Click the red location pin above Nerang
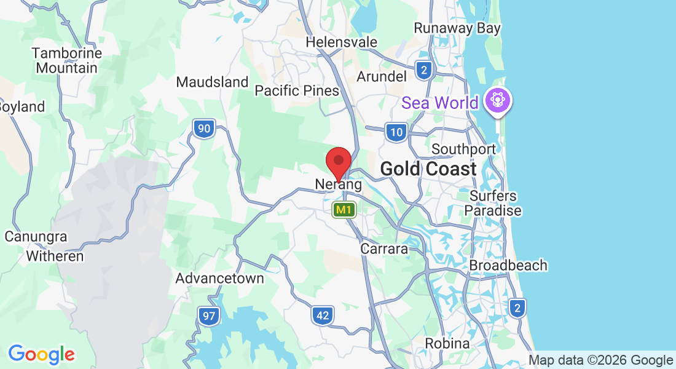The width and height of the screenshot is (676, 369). click(x=338, y=162)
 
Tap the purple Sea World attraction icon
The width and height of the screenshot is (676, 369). click(x=497, y=100)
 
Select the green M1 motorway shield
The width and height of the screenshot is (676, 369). click(x=344, y=210)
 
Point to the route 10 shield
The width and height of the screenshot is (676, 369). click(x=397, y=132)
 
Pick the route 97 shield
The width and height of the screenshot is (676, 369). click(x=209, y=317)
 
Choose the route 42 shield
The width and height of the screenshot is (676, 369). click(x=323, y=316)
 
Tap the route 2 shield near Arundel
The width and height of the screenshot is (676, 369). click(x=423, y=70)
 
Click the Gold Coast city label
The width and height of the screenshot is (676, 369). click(x=428, y=169)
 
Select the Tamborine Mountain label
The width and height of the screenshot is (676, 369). click(x=66, y=60)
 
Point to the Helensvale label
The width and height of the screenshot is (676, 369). click(x=342, y=42)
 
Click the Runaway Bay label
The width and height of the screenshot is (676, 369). click(x=457, y=28)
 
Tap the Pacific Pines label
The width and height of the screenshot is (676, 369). click(x=297, y=91)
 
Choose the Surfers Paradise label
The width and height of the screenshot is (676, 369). click(x=493, y=203)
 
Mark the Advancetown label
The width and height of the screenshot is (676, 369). click(x=219, y=279)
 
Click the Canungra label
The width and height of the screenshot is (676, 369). click(x=36, y=237)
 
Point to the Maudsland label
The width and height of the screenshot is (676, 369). click(x=212, y=82)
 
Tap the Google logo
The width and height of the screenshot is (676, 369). click(x=41, y=354)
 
